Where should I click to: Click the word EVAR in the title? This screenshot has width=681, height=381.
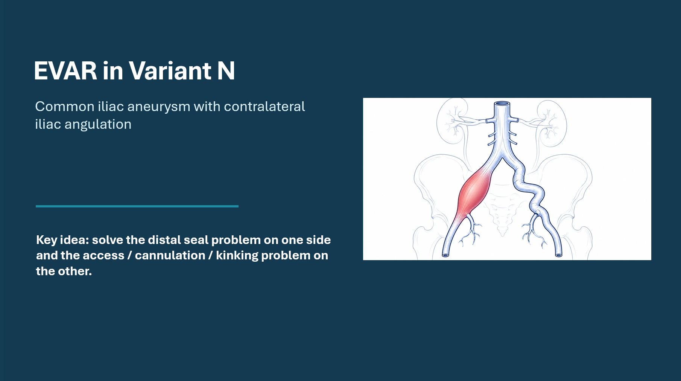[65, 71]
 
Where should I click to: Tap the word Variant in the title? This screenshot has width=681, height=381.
[170, 71]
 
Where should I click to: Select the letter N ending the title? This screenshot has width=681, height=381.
[226, 71]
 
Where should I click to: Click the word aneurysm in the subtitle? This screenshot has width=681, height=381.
[159, 107]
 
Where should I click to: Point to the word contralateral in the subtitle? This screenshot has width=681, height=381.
[264, 107]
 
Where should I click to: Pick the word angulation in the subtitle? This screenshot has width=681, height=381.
[98, 125]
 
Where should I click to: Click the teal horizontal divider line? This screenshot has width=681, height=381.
[137, 206]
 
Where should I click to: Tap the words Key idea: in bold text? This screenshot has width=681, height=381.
[62, 240]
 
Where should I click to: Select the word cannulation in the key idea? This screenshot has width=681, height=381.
[170, 256]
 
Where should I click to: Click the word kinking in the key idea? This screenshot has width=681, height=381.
[237, 256]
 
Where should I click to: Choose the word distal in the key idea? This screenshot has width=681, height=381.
[164, 240]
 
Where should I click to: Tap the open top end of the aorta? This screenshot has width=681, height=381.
[502, 104]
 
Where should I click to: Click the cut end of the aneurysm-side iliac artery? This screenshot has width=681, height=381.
[445, 255]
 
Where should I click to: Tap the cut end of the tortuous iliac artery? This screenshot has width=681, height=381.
[559, 255]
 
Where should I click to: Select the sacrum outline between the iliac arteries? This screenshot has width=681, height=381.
[502, 211]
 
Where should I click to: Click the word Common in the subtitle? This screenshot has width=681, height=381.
[65, 107]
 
